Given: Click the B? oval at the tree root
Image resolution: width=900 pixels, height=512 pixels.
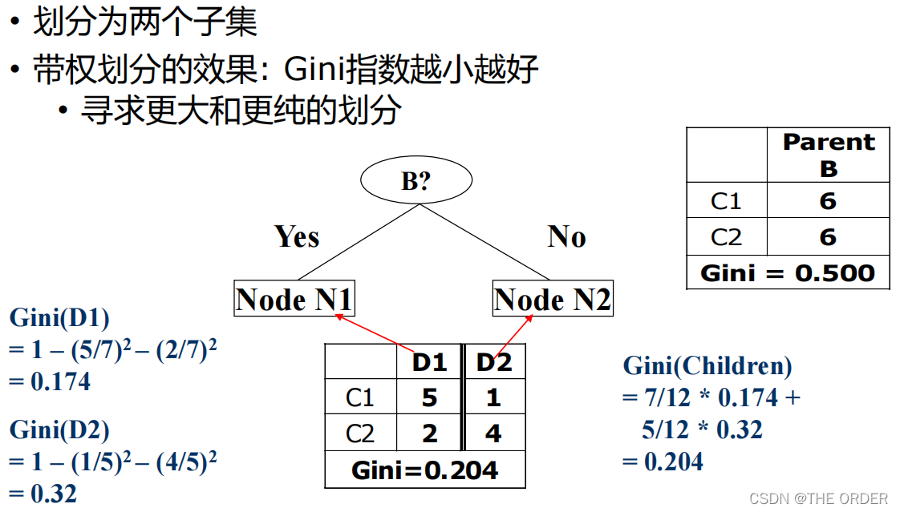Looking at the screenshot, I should pyautogui.click(x=416, y=181).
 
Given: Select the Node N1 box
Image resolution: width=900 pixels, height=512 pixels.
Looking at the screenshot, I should pyautogui.click(x=294, y=299).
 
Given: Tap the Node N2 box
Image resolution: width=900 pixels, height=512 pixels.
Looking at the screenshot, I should pyautogui.click(x=552, y=299).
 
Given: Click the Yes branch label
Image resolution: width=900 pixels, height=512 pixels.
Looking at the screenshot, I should pyautogui.click(x=297, y=236).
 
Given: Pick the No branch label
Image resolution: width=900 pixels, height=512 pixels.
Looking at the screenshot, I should pyautogui.click(x=566, y=236).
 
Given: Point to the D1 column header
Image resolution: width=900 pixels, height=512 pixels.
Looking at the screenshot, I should pyautogui.click(x=429, y=362).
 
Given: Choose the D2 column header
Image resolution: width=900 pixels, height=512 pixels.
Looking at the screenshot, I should pyautogui.click(x=494, y=362).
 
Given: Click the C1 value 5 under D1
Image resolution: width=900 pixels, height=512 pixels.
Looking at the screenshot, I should pyautogui.click(x=429, y=397).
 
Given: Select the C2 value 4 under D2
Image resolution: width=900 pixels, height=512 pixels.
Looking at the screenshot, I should pyautogui.click(x=493, y=433).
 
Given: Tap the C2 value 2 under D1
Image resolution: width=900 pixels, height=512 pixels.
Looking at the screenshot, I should pyautogui.click(x=429, y=433).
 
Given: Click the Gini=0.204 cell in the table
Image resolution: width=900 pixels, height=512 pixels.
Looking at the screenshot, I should pyautogui.click(x=424, y=470).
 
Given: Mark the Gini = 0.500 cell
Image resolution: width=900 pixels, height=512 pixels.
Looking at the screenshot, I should pyautogui.click(x=788, y=273).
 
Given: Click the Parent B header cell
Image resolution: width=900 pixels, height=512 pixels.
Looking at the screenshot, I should pyautogui.click(x=828, y=155).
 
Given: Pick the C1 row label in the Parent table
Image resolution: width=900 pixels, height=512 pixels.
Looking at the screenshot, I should pyautogui.click(x=726, y=201).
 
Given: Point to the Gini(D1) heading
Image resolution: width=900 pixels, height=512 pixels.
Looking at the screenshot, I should pyautogui.click(x=59, y=318).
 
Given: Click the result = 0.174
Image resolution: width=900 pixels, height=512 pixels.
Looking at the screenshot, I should pyautogui.click(x=50, y=381).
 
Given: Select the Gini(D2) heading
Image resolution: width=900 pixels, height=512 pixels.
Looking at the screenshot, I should pyautogui.click(x=59, y=430).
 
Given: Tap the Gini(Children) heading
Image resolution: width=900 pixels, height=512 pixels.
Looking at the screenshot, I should pyautogui.click(x=707, y=365).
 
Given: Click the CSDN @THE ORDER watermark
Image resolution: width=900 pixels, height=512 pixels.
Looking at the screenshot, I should pyautogui.click(x=818, y=498).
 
